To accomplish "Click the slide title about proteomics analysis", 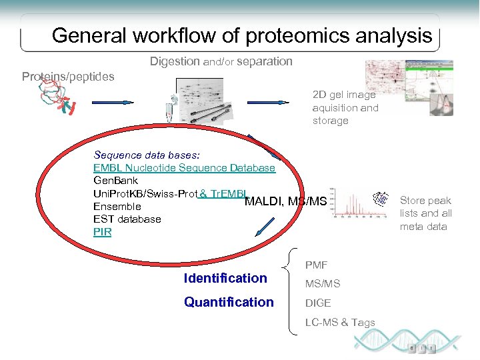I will point(241,35).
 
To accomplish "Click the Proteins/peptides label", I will point(68,77).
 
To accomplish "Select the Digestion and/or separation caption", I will point(221,61).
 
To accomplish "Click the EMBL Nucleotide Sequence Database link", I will point(184,168).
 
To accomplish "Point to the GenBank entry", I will point(116,181).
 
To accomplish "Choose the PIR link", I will point(102,232).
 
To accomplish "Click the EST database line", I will point(127,219).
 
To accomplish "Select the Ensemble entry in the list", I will point(117,207).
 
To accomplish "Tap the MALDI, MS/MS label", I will point(286,201).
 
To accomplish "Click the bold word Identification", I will point(225,278).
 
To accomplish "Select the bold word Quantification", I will point(228,302).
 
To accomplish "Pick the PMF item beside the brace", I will point(316,265).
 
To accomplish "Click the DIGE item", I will point(318,303).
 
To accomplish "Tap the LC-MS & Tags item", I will point(340,323).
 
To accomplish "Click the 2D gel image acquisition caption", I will point(345,108).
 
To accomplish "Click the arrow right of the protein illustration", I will point(113,103).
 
